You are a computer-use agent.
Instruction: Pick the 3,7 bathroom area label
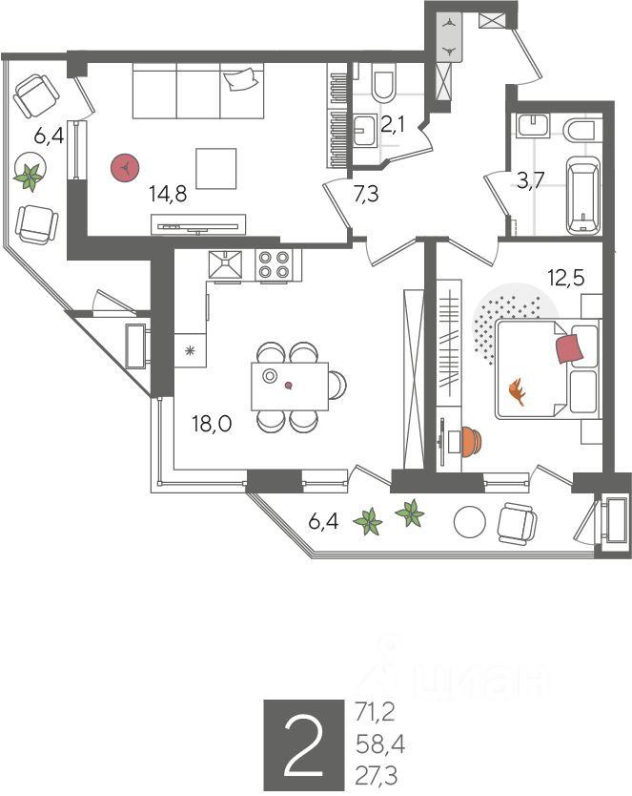(530, 181)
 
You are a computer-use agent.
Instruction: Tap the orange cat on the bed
(519, 390)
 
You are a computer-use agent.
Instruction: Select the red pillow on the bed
(569, 345)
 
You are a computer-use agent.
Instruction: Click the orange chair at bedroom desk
(469, 441)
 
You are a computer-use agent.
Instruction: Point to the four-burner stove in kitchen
(275, 264)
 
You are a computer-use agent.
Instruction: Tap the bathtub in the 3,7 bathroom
(581, 197)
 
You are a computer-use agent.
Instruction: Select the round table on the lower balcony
(470, 521)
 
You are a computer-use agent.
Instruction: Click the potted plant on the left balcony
(31, 175)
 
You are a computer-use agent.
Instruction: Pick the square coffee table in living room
(216, 168)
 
